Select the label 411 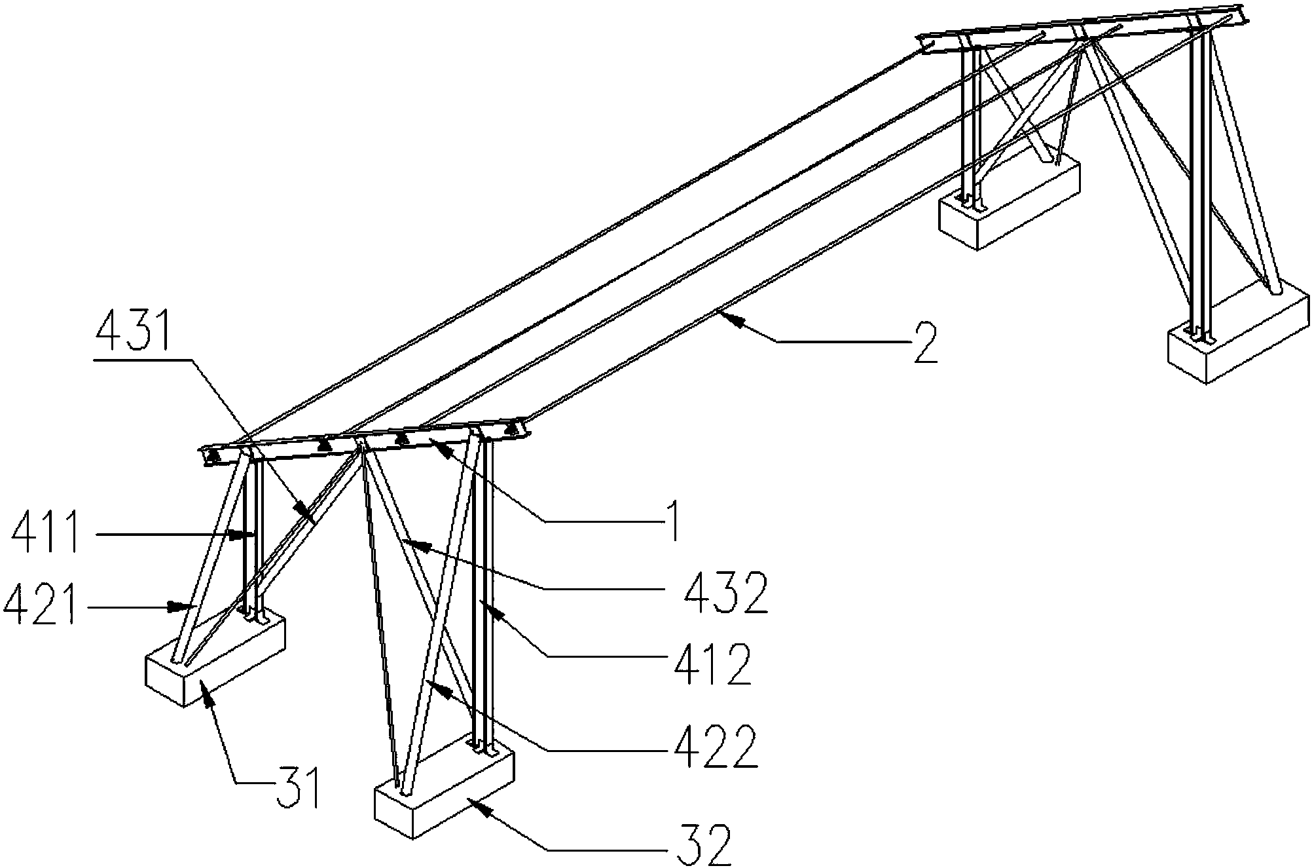(46, 535)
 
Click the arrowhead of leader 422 (431, 685)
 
